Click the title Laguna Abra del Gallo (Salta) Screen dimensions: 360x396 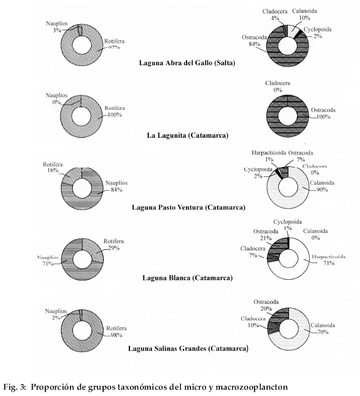(x=187, y=63)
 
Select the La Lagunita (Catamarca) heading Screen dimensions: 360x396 (x=188, y=136)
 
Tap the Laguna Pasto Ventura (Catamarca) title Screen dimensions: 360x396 (x=188, y=207)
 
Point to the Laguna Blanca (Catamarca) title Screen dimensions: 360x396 (x=187, y=278)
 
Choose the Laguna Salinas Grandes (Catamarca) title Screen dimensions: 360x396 (x=188, y=348)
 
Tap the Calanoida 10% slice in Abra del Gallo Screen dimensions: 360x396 (x=293, y=31)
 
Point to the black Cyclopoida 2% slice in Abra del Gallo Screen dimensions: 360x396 (x=298, y=35)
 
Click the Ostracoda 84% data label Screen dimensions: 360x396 (x=254, y=40)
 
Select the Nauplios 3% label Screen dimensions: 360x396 (x=57, y=27)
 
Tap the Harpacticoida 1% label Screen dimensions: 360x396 (x=269, y=156)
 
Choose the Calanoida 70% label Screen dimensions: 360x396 (x=322, y=328)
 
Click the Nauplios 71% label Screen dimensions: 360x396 (x=48, y=260)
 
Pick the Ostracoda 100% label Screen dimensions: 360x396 (x=323, y=114)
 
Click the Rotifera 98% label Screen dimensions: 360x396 (x=116, y=331)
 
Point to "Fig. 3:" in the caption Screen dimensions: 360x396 (x=14, y=387)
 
